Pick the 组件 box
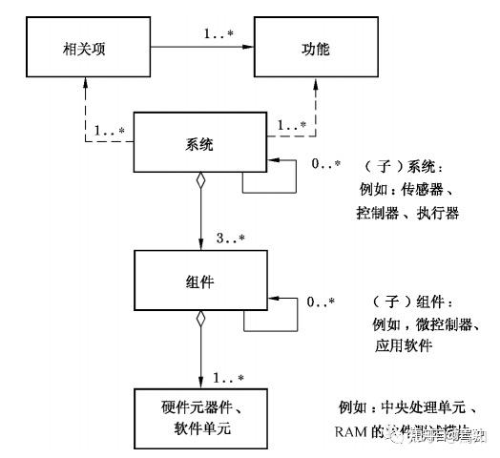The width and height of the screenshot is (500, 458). pyautogui.click(x=201, y=282)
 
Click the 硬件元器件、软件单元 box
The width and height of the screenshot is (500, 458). pyautogui.click(x=201, y=419)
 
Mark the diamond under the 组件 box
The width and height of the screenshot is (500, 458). pyautogui.click(x=201, y=319)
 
